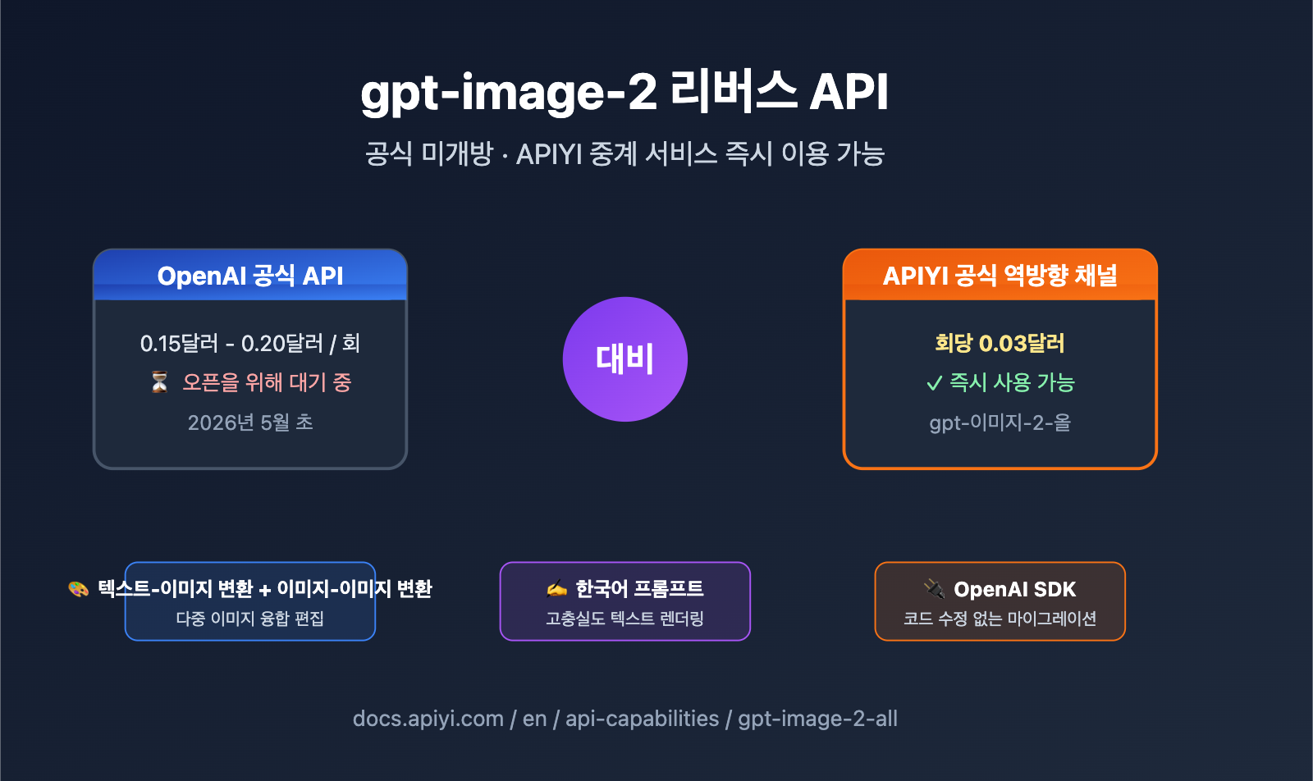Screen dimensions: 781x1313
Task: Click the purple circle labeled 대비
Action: pyautogui.click(x=625, y=359)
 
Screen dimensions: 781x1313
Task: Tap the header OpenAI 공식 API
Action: pyautogui.click(x=250, y=276)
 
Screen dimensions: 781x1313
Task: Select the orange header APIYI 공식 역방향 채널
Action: pyautogui.click(x=1000, y=276)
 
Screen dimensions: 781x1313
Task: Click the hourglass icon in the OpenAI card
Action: pyautogui.click(x=160, y=382)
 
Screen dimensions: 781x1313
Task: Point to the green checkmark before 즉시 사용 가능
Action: pyautogui.click(x=934, y=383)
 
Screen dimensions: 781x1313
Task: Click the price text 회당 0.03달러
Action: pyautogui.click(x=1000, y=343)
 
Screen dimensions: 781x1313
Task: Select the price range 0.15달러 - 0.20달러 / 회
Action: pyautogui.click(x=250, y=343)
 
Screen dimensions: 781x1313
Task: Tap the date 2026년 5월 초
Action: pyautogui.click(x=250, y=422)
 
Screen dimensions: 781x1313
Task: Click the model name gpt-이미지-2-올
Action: pyautogui.click(x=1000, y=422)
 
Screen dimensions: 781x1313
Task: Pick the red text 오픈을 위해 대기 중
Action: pyautogui.click(x=267, y=382)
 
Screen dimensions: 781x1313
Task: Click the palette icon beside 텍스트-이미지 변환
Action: pyautogui.click(x=78, y=589)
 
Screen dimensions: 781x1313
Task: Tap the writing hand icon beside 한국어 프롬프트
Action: pyautogui.click(x=557, y=588)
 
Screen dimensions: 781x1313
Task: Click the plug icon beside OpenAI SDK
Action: pyautogui.click(x=934, y=588)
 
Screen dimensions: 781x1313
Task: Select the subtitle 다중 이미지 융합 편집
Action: pyautogui.click(x=250, y=619)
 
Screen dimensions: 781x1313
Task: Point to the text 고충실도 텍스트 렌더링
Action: pyautogui.click(x=625, y=619)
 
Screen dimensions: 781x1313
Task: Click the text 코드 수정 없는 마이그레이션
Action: pyautogui.click(x=1000, y=619)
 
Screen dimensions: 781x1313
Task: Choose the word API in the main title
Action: pyautogui.click(x=849, y=92)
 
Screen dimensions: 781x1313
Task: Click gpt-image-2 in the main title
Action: pyautogui.click(x=509, y=92)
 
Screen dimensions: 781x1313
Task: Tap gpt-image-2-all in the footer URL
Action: pyautogui.click(x=817, y=719)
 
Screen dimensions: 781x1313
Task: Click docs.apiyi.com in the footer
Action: pyautogui.click(x=428, y=719)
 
